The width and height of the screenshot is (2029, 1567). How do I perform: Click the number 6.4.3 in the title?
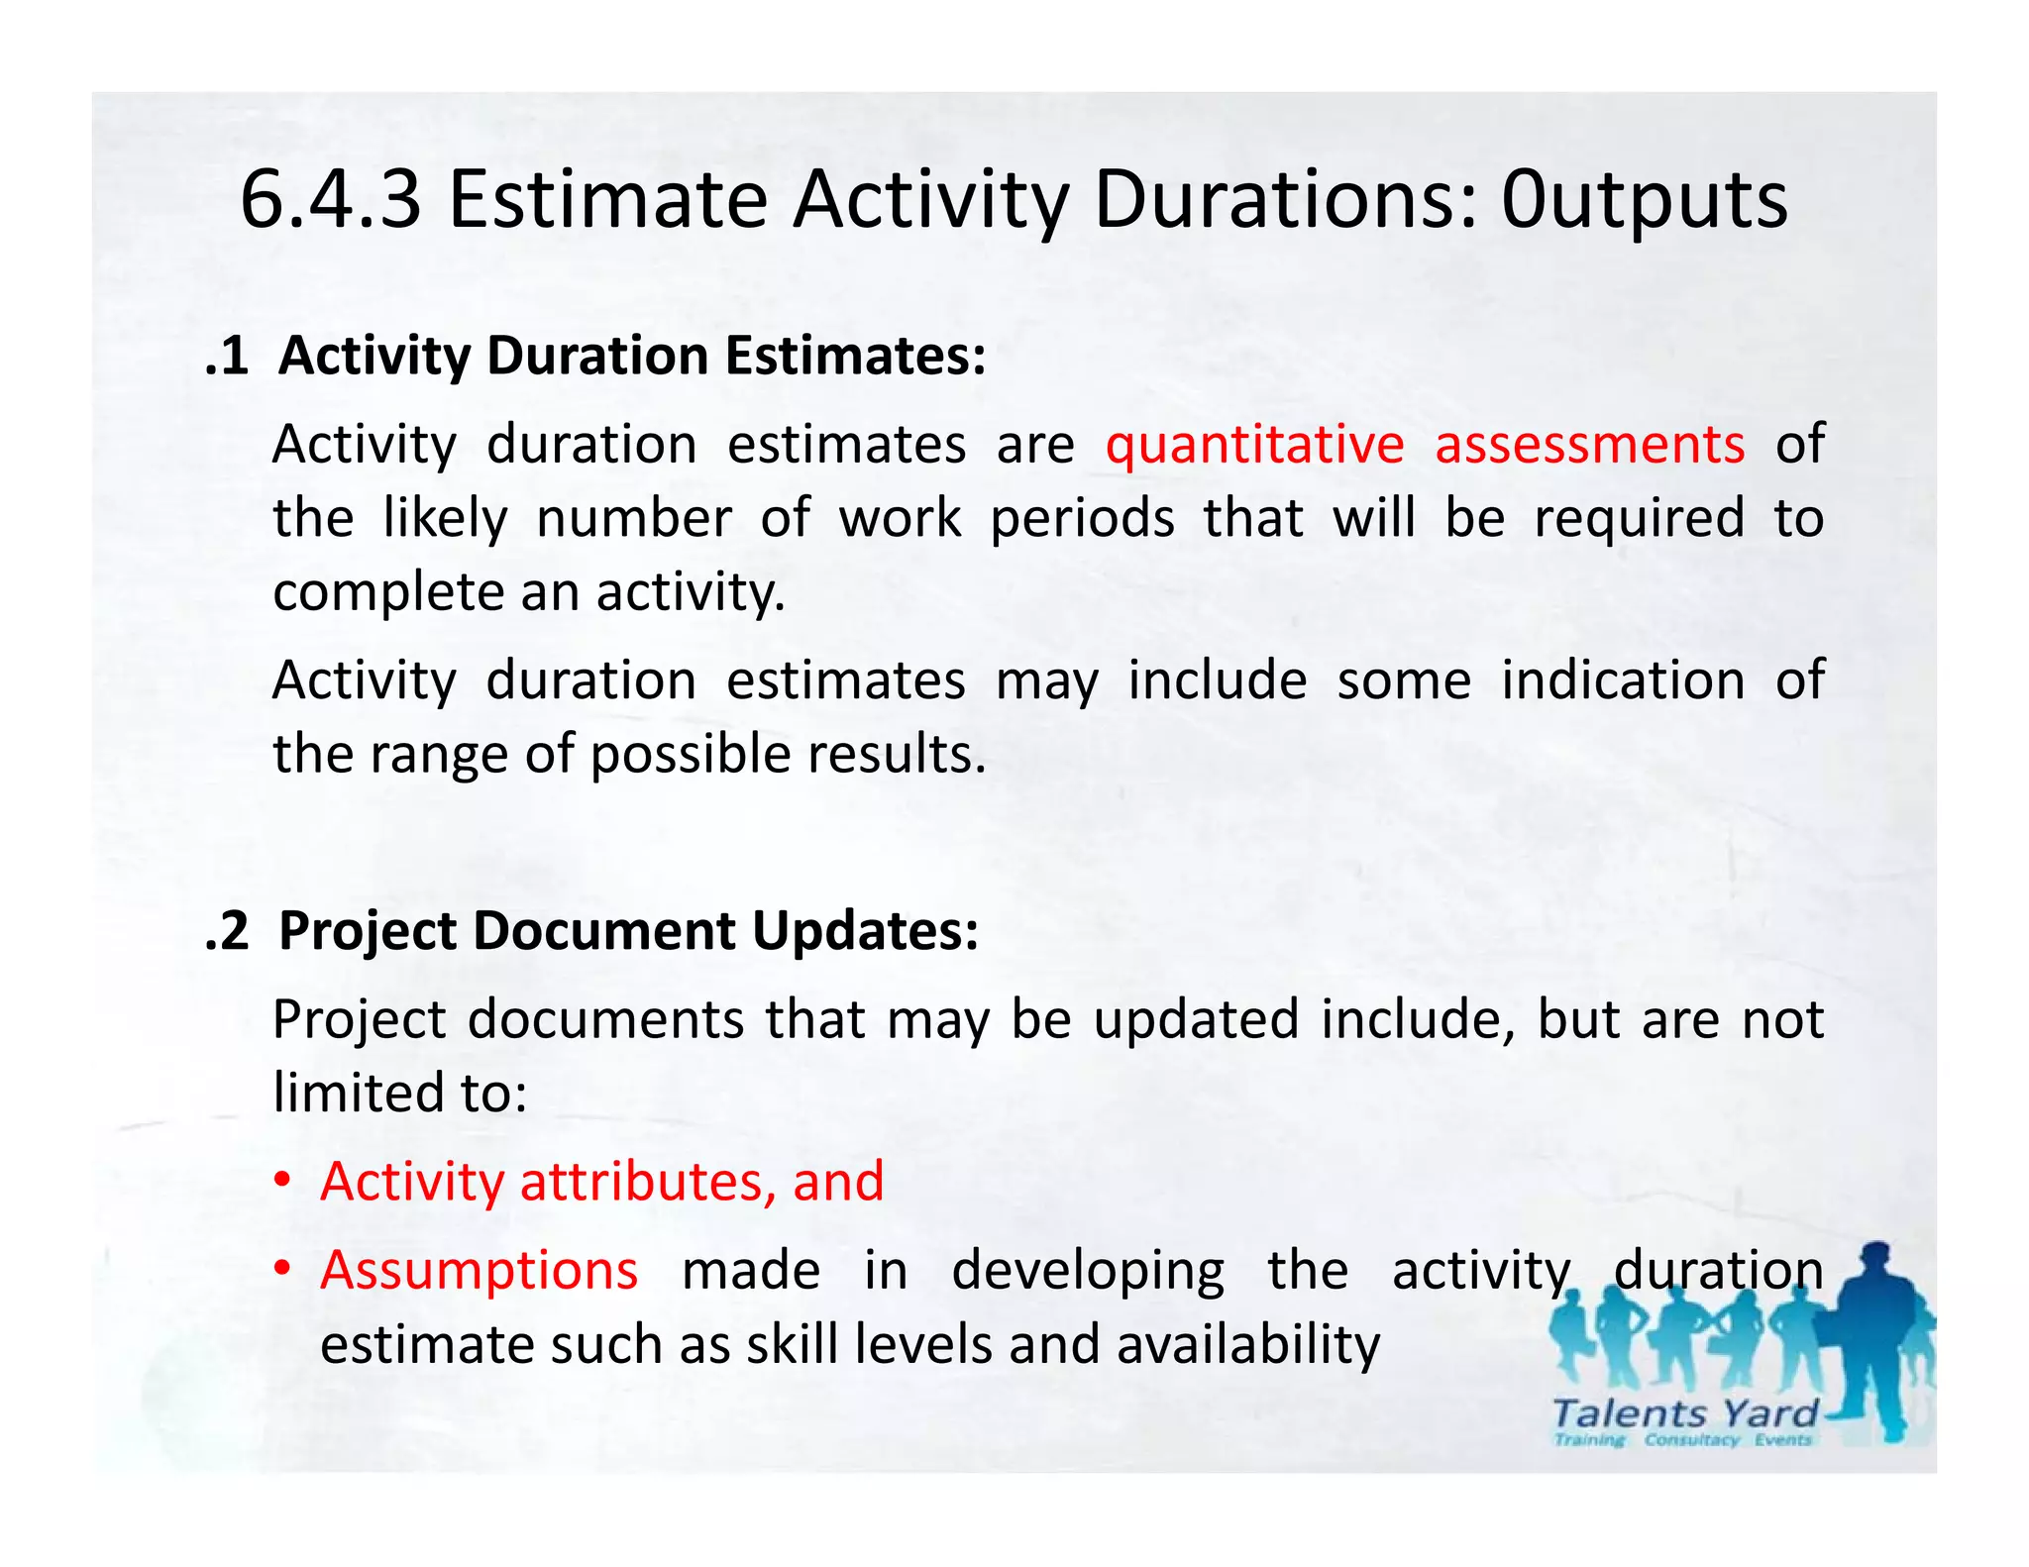(331, 201)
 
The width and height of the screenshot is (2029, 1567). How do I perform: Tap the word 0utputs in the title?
(1645, 201)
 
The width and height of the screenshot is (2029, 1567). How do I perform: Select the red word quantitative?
(1254, 445)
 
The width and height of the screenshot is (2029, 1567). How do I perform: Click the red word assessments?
(1589, 445)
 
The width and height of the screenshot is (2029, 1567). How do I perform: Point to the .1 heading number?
(226, 357)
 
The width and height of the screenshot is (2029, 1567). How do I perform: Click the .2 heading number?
(226, 932)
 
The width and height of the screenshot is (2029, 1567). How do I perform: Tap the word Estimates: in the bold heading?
(856, 357)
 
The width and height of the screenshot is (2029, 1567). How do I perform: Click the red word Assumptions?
(479, 1271)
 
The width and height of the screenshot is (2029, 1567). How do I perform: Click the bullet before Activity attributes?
(283, 1183)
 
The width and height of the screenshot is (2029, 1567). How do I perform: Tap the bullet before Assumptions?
(283, 1270)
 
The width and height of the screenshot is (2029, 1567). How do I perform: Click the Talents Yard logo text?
(1684, 1413)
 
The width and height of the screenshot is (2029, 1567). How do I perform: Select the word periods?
(1082, 519)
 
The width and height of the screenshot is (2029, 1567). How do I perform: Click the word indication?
(1623, 681)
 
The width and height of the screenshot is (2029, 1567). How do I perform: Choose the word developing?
(1087, 1272)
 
